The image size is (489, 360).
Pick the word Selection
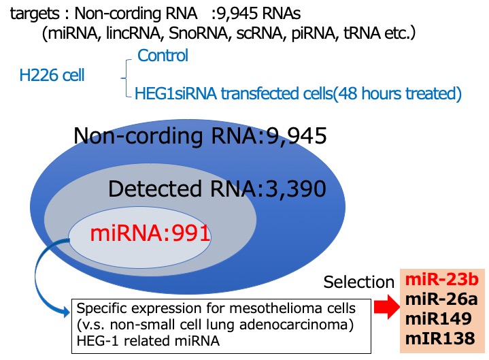pyautogui.click(x=358, y=282)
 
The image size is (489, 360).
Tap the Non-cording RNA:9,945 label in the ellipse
pyautogui.click(x=200, y=136)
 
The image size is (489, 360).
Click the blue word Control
pyautogui.click(x=163, y=55)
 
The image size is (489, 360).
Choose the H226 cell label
pyautogui.click(x=52, y=75)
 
